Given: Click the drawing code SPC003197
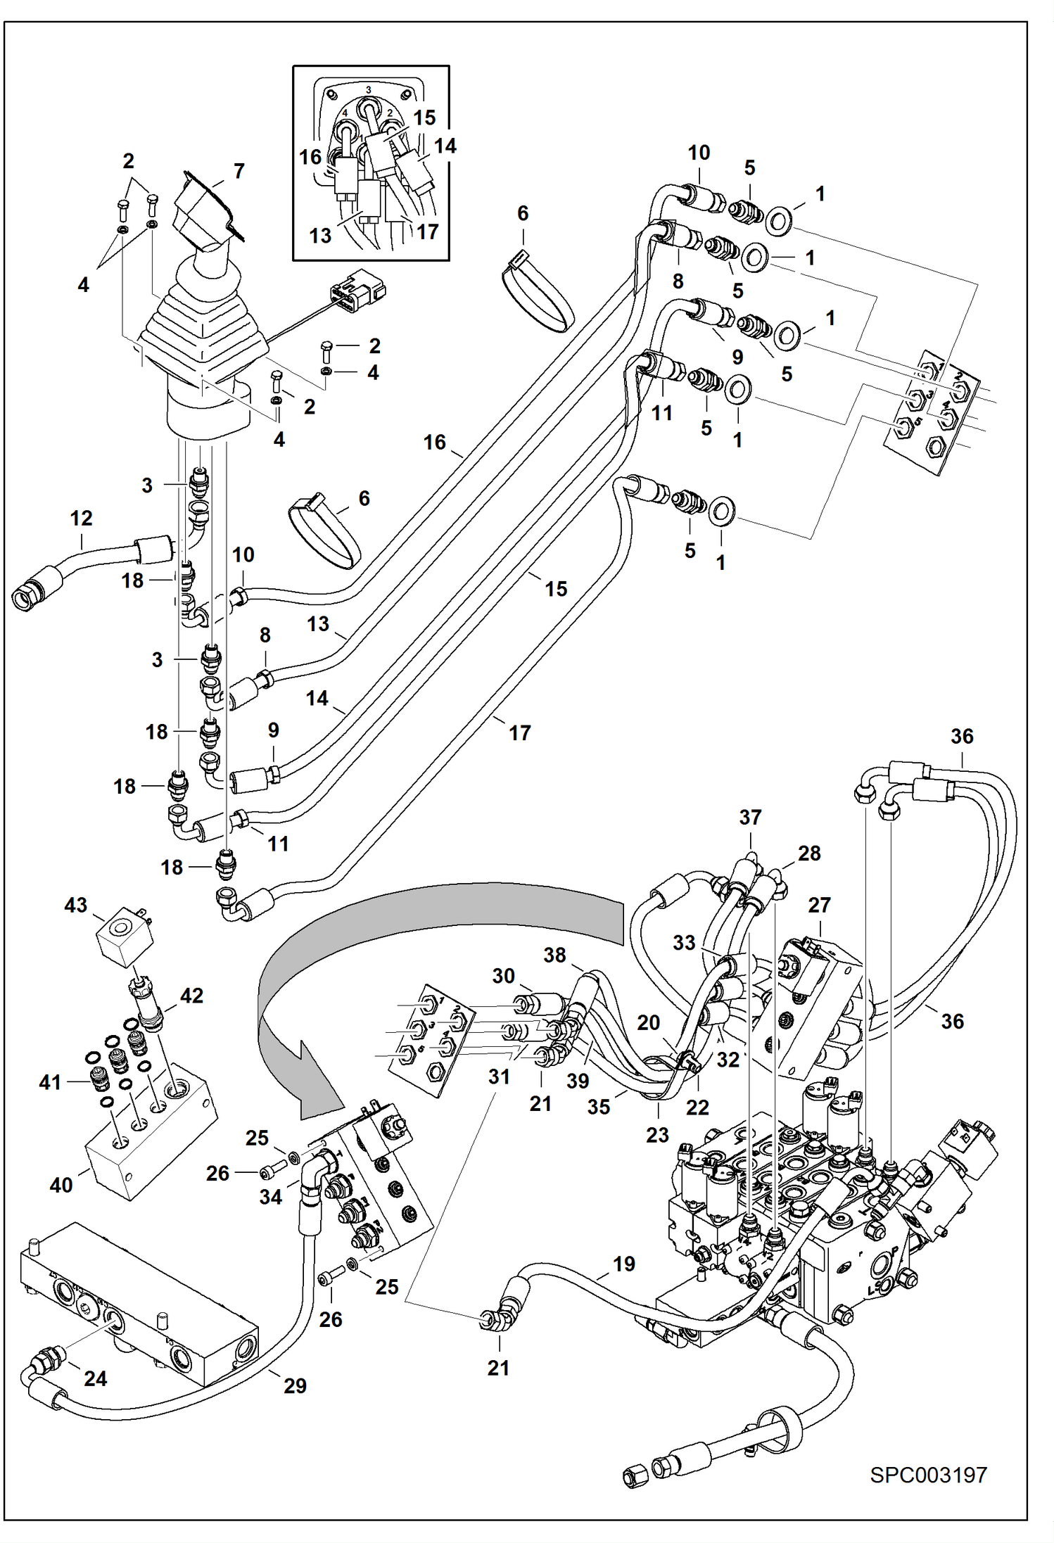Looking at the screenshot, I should coord(928,1475).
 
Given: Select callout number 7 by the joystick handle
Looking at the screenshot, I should coord(239,171).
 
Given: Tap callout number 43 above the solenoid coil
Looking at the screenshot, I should coord(76,905).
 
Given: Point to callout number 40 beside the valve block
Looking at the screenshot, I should coord(61,1185).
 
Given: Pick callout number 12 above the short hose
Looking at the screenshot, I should coord(82,519).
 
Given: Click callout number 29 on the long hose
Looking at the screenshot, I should coord(295,1385).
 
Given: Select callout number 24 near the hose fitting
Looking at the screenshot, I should coord(96,1378).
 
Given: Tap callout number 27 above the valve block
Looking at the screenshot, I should coord(819,905).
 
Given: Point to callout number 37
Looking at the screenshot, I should coord(750,818).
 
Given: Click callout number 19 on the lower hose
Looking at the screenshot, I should coord(624,1264).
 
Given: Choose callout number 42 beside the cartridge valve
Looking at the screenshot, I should coord(191,996).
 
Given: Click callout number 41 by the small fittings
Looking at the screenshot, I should coord(50,1082).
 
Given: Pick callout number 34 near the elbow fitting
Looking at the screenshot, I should coord(271,1197).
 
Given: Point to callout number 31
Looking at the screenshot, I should coord(499,1077).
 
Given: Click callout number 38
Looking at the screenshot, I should coord(554,955).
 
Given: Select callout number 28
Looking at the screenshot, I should coord(809,853).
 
